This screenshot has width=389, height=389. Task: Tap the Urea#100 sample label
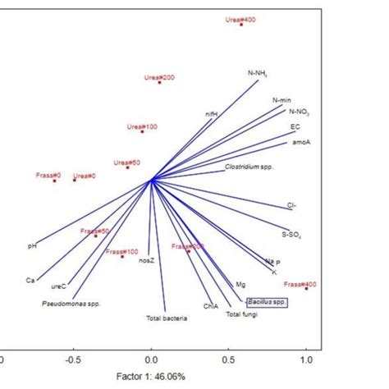[x=141, y=126]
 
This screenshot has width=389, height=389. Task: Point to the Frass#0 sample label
[x=48, y=175]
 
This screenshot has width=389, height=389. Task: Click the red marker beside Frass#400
[x=306, y=288]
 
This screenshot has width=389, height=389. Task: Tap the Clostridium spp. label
[x=249, y=166]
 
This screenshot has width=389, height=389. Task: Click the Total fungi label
[x=242, y=314]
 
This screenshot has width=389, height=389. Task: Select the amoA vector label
[x=300, y=142]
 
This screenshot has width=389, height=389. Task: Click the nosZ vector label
[x=146, y=260]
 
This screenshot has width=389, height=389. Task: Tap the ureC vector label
[x=58, y=286]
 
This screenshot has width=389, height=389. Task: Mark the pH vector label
[x=32, y=245]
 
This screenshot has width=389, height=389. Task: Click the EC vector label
[x=295, y=127]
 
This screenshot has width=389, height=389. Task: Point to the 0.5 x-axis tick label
[x=229, y=359]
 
